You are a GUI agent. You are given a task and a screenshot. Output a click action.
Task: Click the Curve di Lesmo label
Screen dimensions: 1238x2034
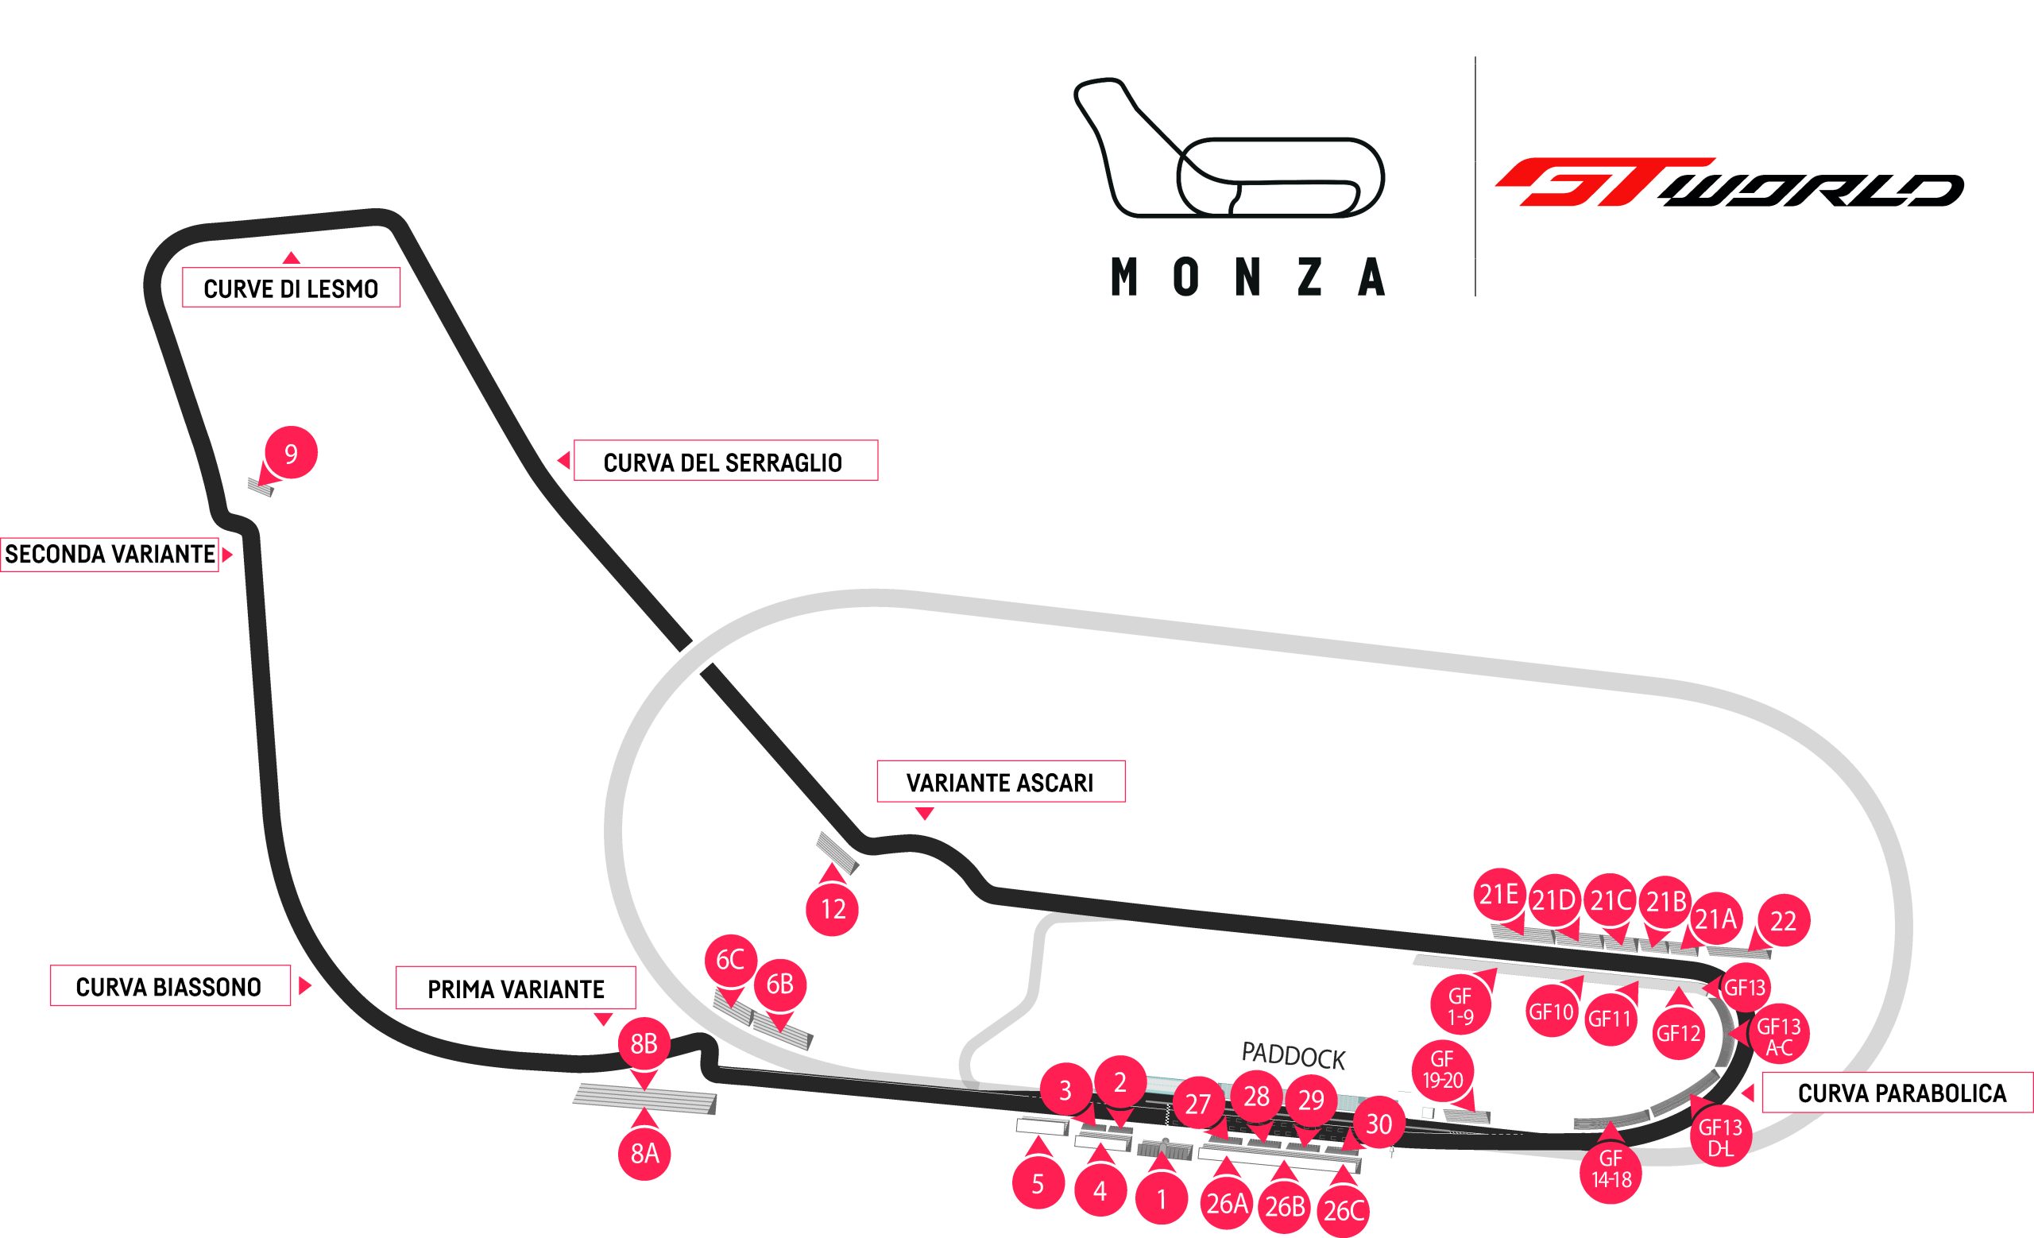291,288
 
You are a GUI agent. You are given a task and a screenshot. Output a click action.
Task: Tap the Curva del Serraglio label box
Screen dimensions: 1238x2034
724,461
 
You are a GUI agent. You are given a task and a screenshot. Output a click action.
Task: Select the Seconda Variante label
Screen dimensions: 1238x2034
109,554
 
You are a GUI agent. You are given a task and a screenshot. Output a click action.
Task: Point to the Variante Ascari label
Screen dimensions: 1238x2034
1000,781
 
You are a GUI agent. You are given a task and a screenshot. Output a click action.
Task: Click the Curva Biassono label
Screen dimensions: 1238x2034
169,985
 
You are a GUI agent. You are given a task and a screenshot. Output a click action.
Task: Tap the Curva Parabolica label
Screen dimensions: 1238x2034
1901,1092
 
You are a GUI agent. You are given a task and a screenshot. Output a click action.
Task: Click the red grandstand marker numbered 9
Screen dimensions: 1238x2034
291,453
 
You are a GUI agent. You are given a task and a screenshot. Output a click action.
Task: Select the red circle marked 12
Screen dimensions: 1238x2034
833,909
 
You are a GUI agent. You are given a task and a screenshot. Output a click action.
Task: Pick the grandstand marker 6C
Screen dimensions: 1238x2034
730,959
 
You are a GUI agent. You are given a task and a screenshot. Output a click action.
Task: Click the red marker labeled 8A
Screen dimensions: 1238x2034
644,1152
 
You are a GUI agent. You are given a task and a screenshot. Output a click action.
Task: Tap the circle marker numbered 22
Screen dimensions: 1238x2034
1783,920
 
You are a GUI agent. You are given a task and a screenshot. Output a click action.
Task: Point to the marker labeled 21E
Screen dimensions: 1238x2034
1499,895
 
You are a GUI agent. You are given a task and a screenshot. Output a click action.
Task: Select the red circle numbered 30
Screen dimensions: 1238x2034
1379,1124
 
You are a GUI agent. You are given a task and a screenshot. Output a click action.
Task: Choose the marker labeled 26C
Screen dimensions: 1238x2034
1344,1210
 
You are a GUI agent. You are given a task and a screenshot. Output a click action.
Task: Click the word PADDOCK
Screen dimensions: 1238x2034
1293,1055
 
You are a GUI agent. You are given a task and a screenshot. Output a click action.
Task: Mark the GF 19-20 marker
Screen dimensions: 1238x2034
1441,1068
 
